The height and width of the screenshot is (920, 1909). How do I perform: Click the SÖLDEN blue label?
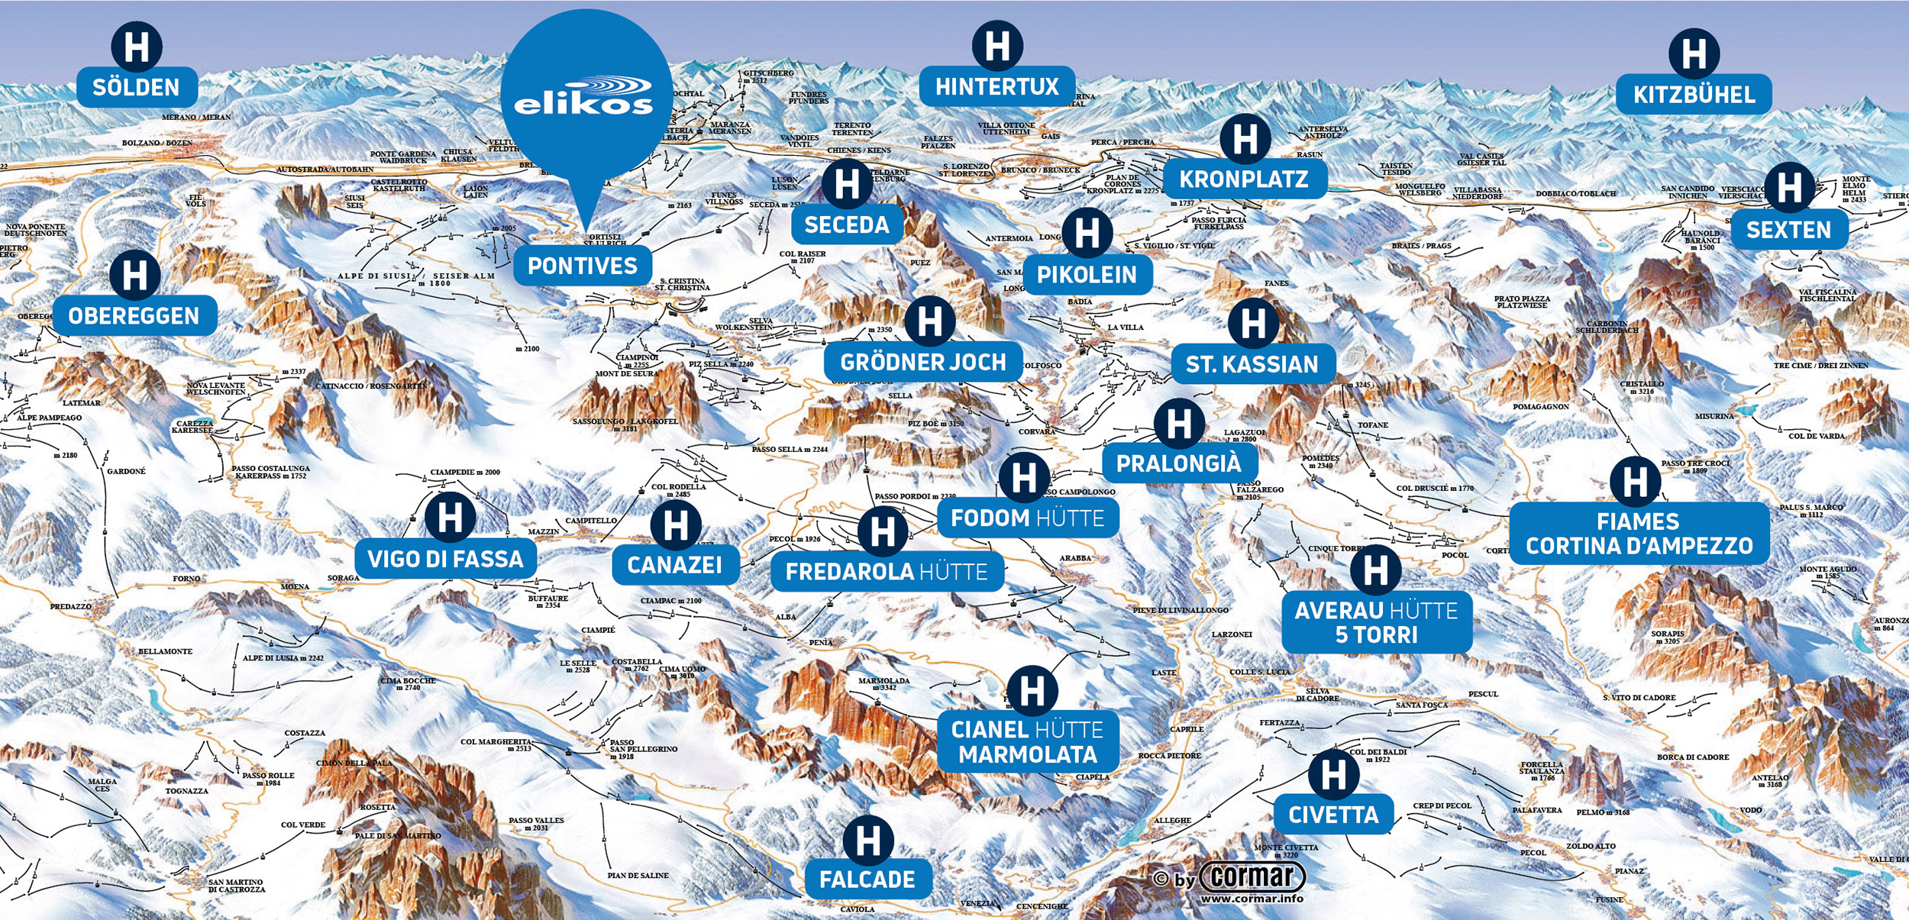click(x=137, y=87)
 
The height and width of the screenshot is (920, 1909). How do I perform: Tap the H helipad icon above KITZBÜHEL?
click(x=1694, y=53)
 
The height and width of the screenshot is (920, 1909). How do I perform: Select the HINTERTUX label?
click(x=996, y=86)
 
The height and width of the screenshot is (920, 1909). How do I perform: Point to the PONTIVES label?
click(x=582, y=266)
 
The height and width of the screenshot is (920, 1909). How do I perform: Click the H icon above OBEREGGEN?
click(x=135, y=275)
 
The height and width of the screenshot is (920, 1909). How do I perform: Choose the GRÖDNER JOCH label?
click(x=922, y=362)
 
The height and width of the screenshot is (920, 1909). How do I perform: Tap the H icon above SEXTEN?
click(x=1789, y=188)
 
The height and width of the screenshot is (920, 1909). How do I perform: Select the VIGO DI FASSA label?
click(x=445, y=559)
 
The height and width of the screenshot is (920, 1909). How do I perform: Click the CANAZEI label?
click(x=674, y=564)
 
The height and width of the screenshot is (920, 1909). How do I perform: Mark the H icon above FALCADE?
click(x=868, y=841)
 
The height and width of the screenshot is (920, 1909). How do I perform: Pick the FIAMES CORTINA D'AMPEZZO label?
click(x=1639, y=534)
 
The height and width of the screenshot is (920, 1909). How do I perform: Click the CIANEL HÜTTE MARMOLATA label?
click(x=1028, y=741)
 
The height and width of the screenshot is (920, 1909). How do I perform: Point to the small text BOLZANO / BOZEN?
click(x=157, y=144)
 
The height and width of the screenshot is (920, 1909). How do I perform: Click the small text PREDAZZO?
click(x=71, y=607)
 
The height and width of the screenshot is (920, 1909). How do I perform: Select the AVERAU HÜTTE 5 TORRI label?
click(x=1376, y=622)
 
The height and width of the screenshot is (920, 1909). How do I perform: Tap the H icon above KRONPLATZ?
click(x=1245, y=139)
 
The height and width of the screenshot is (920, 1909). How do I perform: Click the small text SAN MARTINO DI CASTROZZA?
click(x=237, y=886)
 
